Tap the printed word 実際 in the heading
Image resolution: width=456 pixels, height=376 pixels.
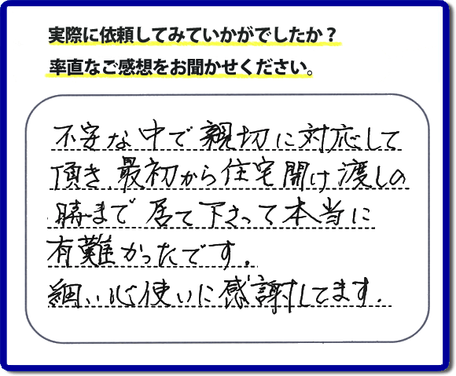[61, 35]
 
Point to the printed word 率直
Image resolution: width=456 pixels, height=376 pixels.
[62, 68]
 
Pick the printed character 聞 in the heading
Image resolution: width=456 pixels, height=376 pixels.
[194, 68]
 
